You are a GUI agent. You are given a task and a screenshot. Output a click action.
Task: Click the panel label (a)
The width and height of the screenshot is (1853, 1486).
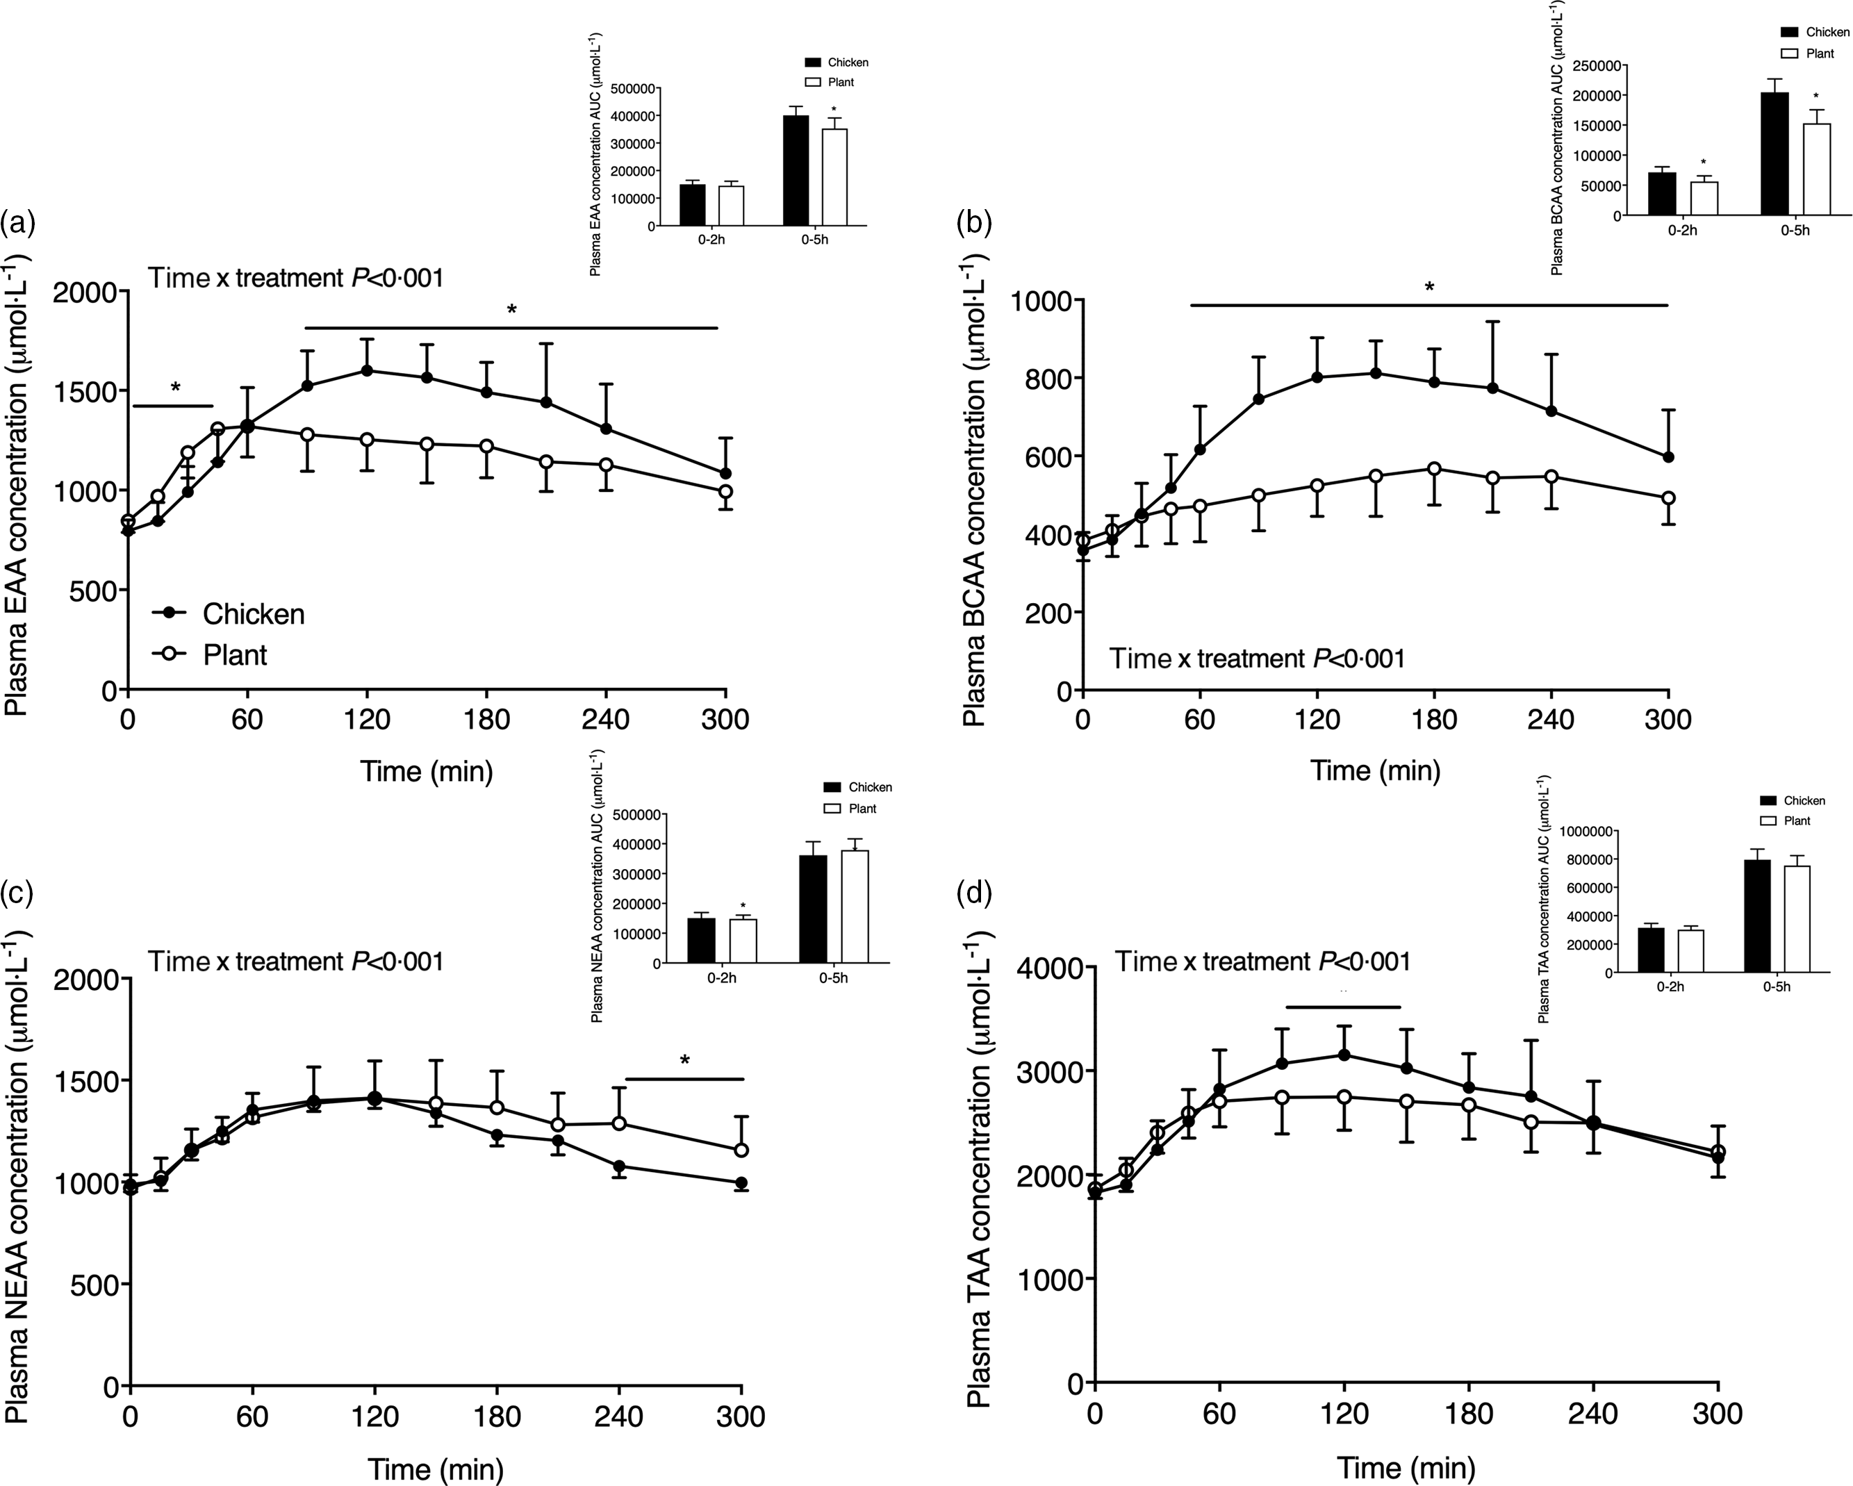pos(17,224)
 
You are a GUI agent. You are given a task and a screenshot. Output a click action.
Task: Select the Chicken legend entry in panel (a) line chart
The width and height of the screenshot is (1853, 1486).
pos(227,613)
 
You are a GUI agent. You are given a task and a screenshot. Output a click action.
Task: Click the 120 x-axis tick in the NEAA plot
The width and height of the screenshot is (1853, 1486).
pos(374,1416)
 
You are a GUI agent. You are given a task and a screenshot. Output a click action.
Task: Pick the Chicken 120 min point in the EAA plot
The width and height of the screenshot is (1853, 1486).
pos(367,370)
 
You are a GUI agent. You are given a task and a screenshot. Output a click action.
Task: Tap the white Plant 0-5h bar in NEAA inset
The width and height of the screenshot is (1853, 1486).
pos(855,906)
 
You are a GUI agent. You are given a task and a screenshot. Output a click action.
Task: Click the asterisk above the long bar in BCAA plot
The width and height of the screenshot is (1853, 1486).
pos(1429,286)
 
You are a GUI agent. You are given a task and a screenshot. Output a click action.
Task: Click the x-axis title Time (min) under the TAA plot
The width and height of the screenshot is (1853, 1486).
pos(1406,1467)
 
